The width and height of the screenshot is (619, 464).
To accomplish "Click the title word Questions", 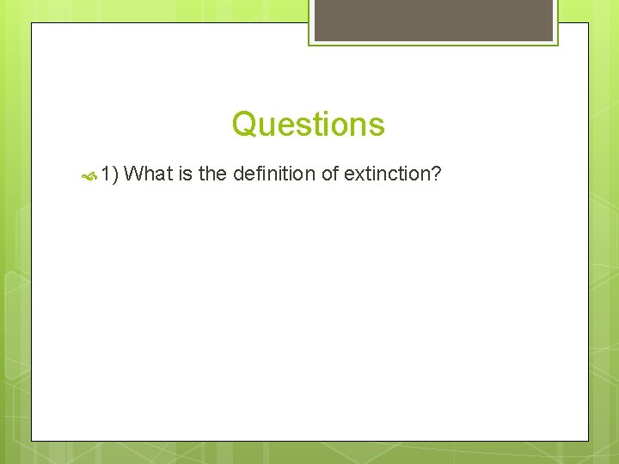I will [x=308, y=125].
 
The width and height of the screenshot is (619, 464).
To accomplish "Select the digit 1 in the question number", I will [x=105, y=174].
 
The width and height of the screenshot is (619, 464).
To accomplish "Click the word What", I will [x=149, y=174].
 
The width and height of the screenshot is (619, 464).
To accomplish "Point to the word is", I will [x=185, y=174].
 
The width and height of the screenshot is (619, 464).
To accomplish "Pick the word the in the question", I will [x=212, y=174].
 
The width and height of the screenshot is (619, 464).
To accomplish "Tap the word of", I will [x=329, y=174].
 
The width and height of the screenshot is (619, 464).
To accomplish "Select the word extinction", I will [x=387, y=174].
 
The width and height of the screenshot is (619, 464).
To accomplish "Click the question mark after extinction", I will [x=436, y=174].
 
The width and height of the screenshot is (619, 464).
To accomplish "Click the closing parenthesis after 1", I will [x=114, y=174].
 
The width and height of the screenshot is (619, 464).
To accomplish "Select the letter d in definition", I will [x=238, y=174].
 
